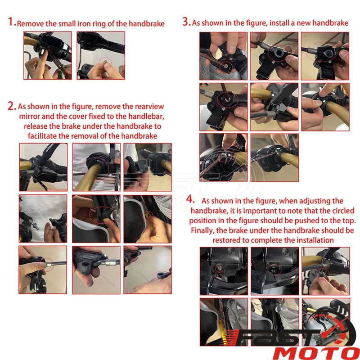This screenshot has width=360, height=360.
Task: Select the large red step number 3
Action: point(186,22)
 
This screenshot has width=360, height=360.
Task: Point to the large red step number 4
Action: point(190,199)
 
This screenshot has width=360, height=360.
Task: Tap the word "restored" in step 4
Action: point(227,240)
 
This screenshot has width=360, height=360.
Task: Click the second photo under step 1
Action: point(101,55)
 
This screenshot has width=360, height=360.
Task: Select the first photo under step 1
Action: point(48,55)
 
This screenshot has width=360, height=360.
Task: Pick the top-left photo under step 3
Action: point(223,56)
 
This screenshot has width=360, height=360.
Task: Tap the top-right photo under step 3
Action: point(325,56)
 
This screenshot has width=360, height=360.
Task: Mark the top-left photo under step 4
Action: point(224,271)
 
